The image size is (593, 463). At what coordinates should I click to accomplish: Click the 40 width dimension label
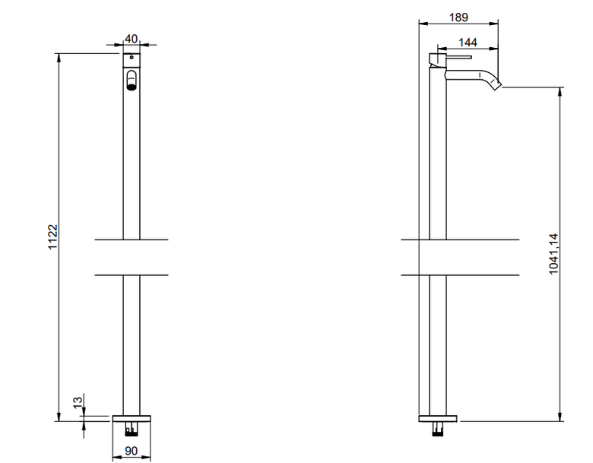(132, 39)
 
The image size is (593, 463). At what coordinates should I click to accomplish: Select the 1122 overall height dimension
(52, 236)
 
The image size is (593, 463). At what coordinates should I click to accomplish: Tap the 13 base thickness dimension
(78, 401)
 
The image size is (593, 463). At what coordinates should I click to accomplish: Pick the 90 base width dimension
(132, 451)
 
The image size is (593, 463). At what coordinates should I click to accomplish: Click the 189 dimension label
(458, 17)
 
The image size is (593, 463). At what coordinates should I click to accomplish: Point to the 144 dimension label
(468, 43)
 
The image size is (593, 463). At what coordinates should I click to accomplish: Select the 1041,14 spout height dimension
(553, 254)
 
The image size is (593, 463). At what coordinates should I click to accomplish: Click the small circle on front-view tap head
(132, 58)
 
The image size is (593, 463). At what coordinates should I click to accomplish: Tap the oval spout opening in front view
(132, 80)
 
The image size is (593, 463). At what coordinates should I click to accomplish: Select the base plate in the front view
(132, 419)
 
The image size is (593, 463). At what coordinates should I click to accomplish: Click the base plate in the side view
(438, 419)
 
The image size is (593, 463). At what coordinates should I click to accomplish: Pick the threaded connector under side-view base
(438, 429)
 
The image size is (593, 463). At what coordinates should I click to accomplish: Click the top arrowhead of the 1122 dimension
(59, 58)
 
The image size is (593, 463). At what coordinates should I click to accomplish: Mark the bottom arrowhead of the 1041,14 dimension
(560, 417)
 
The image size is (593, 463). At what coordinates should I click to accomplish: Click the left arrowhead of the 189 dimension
(423, 24)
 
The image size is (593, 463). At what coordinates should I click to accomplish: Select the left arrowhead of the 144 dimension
(442, 49)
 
